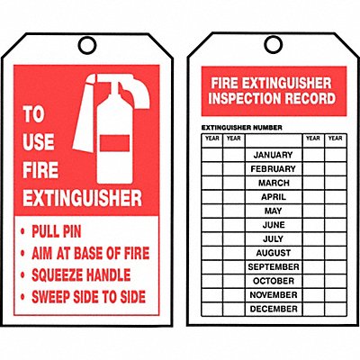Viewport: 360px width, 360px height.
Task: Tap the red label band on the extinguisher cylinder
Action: [x=114, y=143]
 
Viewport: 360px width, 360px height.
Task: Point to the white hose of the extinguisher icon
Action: [x=85, y=114]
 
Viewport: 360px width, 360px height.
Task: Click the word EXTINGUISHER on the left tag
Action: [x=83, y=198]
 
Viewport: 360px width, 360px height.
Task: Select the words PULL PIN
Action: [x=57, y=231]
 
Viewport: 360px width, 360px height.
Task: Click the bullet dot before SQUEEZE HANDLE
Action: [x=22, y=275]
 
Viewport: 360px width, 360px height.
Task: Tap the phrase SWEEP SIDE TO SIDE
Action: [x=89, y=297]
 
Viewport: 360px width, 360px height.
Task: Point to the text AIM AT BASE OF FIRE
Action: [x=91, y=253]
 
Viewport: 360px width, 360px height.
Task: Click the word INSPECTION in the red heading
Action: [x=245, y=98]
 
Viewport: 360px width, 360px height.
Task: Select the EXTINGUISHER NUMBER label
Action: [x=242, y=128]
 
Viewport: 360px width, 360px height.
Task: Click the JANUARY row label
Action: [x=273, y=155]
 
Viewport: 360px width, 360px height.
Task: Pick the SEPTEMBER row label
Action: [x=274, y=266]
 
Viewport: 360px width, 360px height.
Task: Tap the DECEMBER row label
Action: [x=274, y=309]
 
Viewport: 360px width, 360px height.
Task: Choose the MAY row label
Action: [x=274, y=211]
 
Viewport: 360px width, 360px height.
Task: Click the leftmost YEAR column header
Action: [x=212, y=139]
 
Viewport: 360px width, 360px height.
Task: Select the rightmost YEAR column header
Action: [x=336, y=139]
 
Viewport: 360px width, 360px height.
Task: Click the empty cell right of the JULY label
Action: [x=313, y=239]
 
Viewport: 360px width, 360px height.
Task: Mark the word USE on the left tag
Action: [x=39, y=141]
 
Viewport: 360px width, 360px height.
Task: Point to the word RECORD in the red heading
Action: [x=310, y=98]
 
